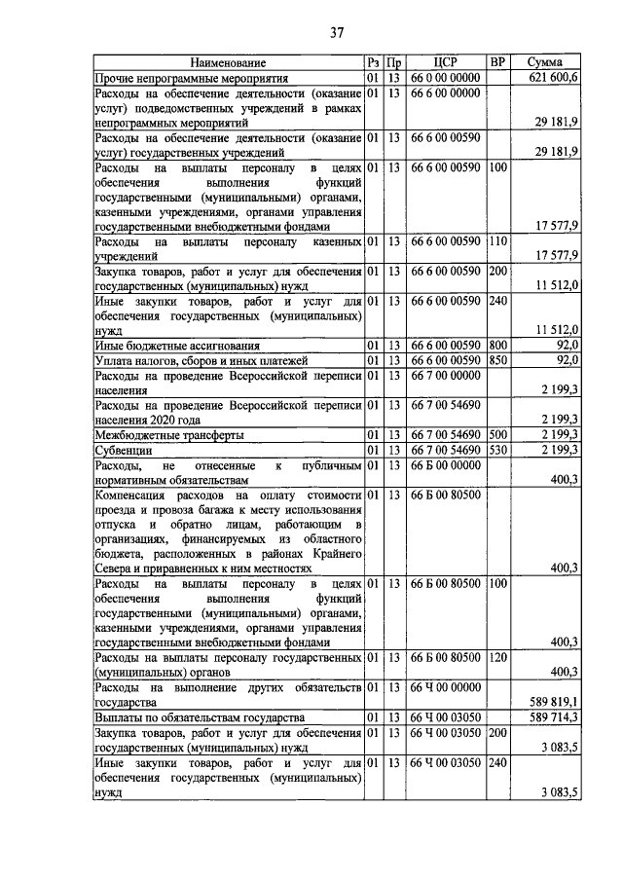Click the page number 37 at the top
pos(337,33)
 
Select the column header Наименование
pos(228,62)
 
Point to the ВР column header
pos(497,62)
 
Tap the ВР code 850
pos(497,360)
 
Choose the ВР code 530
pos(497,450)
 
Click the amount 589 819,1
pos(552,701)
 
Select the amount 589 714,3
pos(552,716)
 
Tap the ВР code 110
pos(497,240)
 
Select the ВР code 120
pos(497,658)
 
